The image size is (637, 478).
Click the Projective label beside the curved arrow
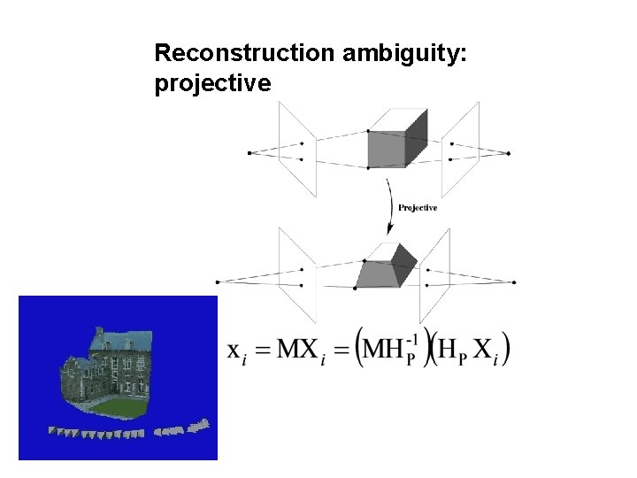click(418, 208)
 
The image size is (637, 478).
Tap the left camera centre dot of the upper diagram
click(249, 152)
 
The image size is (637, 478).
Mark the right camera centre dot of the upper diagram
click(509, 152)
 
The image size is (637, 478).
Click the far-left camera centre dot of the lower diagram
click(217, 282)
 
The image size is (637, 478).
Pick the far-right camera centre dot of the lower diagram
click(514, 282)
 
